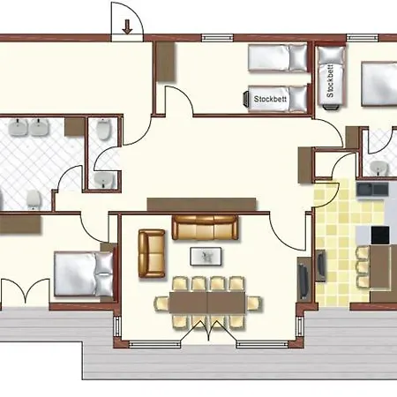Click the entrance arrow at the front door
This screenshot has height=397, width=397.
coord(128,26)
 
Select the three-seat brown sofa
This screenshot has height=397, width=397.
coord(206,228)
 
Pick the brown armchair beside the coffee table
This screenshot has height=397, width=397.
coord(151,252)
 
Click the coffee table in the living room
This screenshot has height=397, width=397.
coord(206,256)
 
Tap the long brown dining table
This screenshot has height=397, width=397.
coord(207,302)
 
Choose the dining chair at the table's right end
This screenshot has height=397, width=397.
coord(254,303)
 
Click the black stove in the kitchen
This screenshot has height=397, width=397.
coord(380,235)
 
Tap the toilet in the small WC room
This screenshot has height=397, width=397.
coord(103,132)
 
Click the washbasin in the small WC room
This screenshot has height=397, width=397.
coord(103,181)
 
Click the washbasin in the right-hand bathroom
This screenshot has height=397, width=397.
coord(377,166)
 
